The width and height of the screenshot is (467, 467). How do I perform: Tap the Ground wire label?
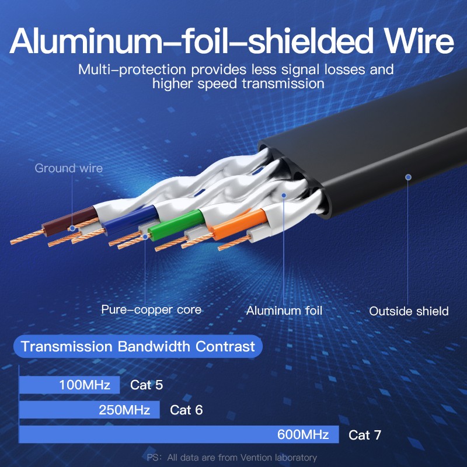pos(68,169)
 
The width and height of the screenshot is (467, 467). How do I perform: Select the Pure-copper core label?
pos(151,309)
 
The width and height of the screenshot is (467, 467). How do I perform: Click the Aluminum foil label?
pos(284,311)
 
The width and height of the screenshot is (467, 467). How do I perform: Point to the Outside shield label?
pos(409,311)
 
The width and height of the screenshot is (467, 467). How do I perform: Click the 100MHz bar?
pos(69,385)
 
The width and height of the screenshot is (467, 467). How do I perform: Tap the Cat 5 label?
pos(147,385)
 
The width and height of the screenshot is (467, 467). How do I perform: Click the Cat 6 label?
pos(186,410)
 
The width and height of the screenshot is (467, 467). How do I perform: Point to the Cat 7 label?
pos(365,435)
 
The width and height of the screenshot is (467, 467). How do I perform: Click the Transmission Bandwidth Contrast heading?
pos(138,347)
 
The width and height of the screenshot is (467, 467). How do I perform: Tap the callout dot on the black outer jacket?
pos(408,177)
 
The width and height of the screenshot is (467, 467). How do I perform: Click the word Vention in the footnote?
pos(253,458)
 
